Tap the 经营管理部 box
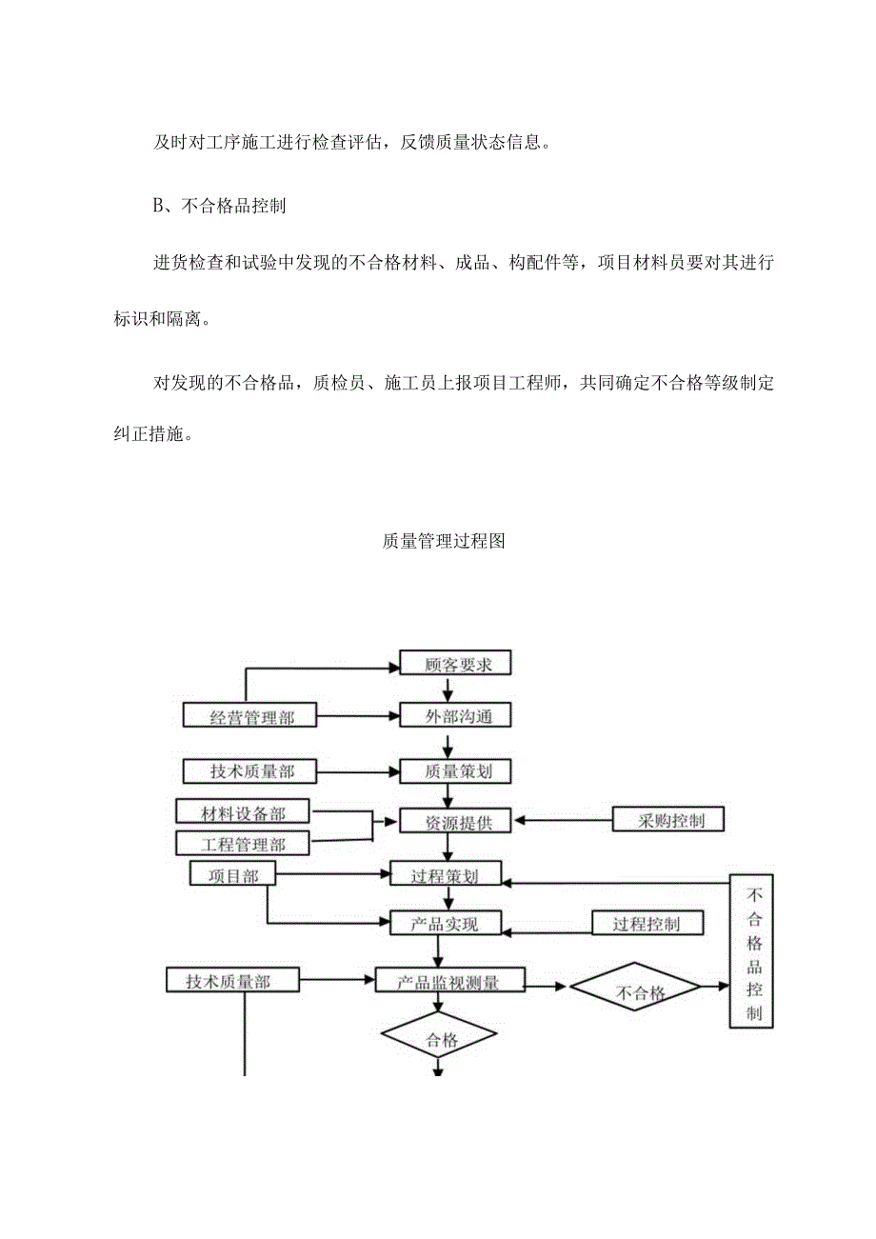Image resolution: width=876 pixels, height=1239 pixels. [x=250, y=717]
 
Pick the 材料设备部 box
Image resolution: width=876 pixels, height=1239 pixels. [x=244, y=812]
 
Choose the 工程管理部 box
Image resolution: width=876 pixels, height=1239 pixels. [x=244, y=844]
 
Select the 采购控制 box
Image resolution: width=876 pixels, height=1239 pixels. [x=669, y=819]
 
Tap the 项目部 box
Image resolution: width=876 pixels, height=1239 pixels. [x=233, y=874]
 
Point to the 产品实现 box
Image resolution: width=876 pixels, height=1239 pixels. [x=446, y=924]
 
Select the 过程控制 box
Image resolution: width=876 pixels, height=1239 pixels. [x=647, y=923]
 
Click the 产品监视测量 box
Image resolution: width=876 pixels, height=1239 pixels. [x=449, y=981]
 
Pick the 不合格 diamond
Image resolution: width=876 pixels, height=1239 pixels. [x=636, y=992]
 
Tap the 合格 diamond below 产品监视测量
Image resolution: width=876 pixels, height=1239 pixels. [x=439, y=1039]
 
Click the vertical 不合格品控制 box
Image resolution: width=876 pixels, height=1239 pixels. [x=752, y=951]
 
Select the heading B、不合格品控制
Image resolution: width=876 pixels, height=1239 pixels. [x=219, y=206]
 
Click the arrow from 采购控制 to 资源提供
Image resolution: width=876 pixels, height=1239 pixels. [x=562, y=820]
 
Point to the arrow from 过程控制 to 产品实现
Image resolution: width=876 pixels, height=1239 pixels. [x=547, y=925]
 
